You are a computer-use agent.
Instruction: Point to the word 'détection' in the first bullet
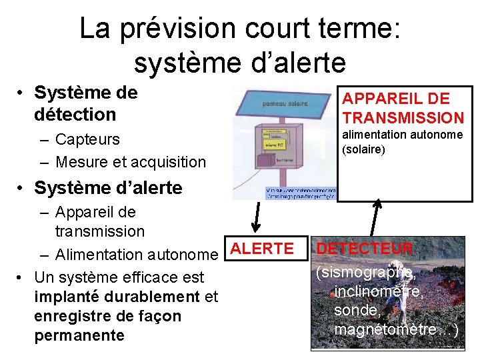pyautogui.click(x=75, y=114)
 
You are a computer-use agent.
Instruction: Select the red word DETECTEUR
pyautogui.click(x=365, y=249)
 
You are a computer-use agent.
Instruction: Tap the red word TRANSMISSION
pyautogui.click(x=403, y=118)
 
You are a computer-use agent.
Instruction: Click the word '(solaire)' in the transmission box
pyautogui.click(x=363, y=149)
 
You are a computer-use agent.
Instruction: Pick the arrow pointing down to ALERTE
pyautogui.click(x=256, y=217)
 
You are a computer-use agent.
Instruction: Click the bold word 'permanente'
pyautogui.click(x=79, y=335)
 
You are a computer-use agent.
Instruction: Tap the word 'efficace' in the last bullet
pyautogui.click(x=153, y=277)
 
